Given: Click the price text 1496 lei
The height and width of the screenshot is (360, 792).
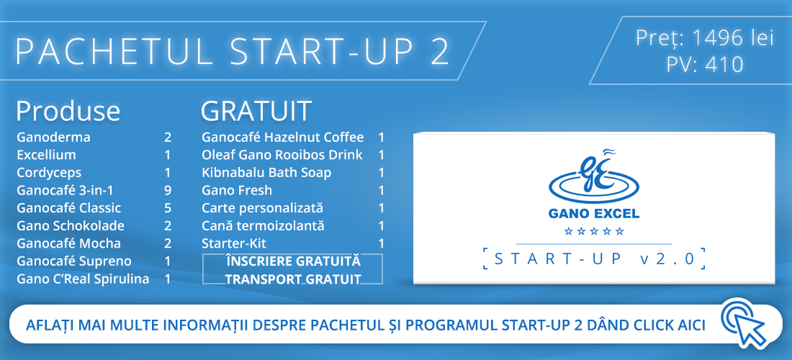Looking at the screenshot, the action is [732, 38].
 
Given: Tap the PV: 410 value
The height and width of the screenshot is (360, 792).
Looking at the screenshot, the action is [705, 65].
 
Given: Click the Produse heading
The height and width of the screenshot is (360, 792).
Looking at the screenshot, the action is [68, 111].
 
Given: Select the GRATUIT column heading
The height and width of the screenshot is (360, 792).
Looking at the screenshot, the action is [256, 111].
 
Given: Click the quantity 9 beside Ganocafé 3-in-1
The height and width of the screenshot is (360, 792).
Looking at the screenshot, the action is [168, 190].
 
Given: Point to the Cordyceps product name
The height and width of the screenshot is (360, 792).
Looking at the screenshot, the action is [49, 174].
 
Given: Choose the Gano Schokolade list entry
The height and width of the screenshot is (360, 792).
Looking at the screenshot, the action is [71, 225].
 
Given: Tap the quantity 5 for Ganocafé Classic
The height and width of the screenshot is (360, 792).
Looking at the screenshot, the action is [168, 208].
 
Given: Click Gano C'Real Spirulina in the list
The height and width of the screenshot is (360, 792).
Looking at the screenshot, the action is [83, 279].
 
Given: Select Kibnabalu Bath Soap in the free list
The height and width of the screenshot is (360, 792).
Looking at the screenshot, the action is [266, 173].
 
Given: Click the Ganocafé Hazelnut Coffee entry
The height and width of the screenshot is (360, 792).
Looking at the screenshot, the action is [283, 138].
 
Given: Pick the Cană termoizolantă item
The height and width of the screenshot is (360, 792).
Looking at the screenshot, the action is [263, 225].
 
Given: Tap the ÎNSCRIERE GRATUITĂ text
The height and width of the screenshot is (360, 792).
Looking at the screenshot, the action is [294, 261].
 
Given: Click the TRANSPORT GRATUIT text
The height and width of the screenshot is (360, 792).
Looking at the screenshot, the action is [293, 279].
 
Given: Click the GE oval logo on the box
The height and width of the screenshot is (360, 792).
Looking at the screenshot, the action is [593, 177].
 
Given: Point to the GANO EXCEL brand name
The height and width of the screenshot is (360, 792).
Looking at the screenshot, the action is [594, 214].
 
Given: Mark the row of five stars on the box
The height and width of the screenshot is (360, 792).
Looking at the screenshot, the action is [594, 232].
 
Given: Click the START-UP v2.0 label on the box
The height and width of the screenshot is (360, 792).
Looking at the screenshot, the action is [594, 259].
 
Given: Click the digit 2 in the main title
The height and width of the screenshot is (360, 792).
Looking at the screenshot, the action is [440, 52].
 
